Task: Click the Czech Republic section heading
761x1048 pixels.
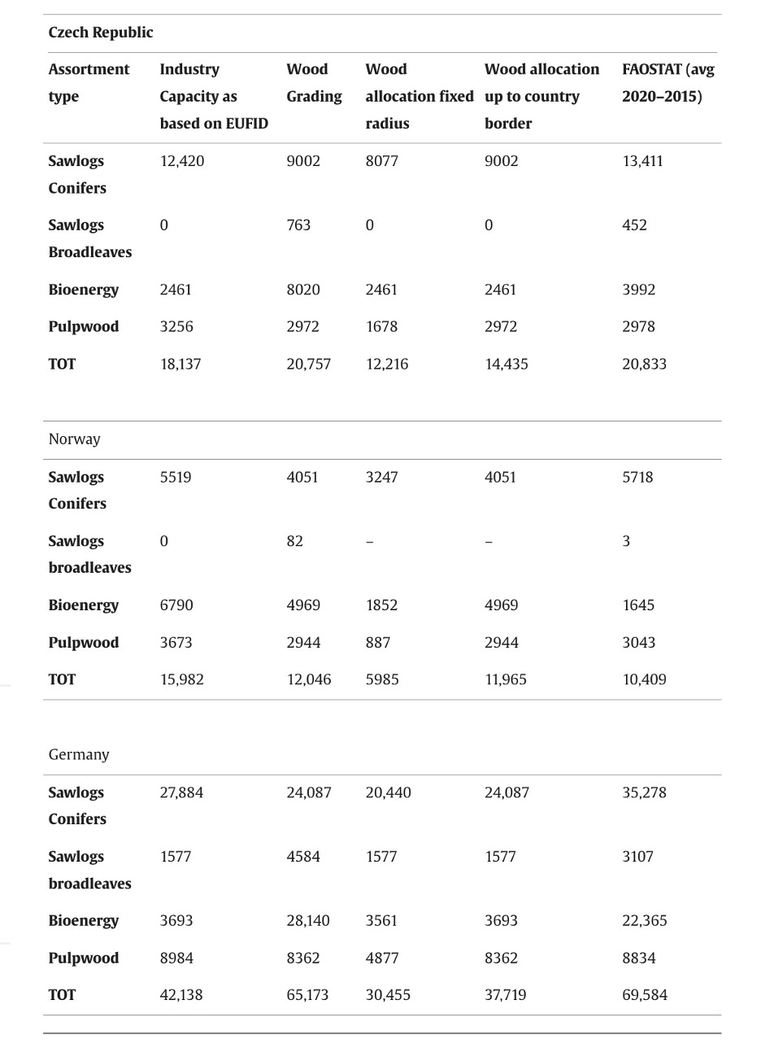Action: [101, 33]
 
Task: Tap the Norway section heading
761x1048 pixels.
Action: [75, 439]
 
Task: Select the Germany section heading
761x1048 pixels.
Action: [79, 754]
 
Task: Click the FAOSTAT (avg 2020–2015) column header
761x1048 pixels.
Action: [668, 83]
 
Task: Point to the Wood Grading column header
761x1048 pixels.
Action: [314, 83]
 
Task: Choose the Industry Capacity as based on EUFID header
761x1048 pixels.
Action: [213, 96]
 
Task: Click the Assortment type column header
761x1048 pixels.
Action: [89, 83]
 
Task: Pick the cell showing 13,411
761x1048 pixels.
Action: [642, 161]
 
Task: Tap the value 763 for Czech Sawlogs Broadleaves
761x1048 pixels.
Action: [298, 225]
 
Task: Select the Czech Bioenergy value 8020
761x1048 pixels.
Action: [302, 290]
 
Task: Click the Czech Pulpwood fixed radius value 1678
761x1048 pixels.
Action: [381, 327]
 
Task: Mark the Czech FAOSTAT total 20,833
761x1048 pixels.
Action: [644, 365]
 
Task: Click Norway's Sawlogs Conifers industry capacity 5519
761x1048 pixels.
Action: [176, 478]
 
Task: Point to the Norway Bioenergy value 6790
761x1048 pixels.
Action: [176, 605]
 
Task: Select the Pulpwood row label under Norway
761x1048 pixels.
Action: [84, 643]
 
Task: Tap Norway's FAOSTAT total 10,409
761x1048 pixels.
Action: [644, 679]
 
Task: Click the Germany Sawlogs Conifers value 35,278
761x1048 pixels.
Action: [644, 793]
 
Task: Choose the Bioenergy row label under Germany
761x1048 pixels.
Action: [84, 921]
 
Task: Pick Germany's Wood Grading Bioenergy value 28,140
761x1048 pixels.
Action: [308, 921]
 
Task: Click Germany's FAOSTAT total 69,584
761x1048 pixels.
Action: [644, 995]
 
